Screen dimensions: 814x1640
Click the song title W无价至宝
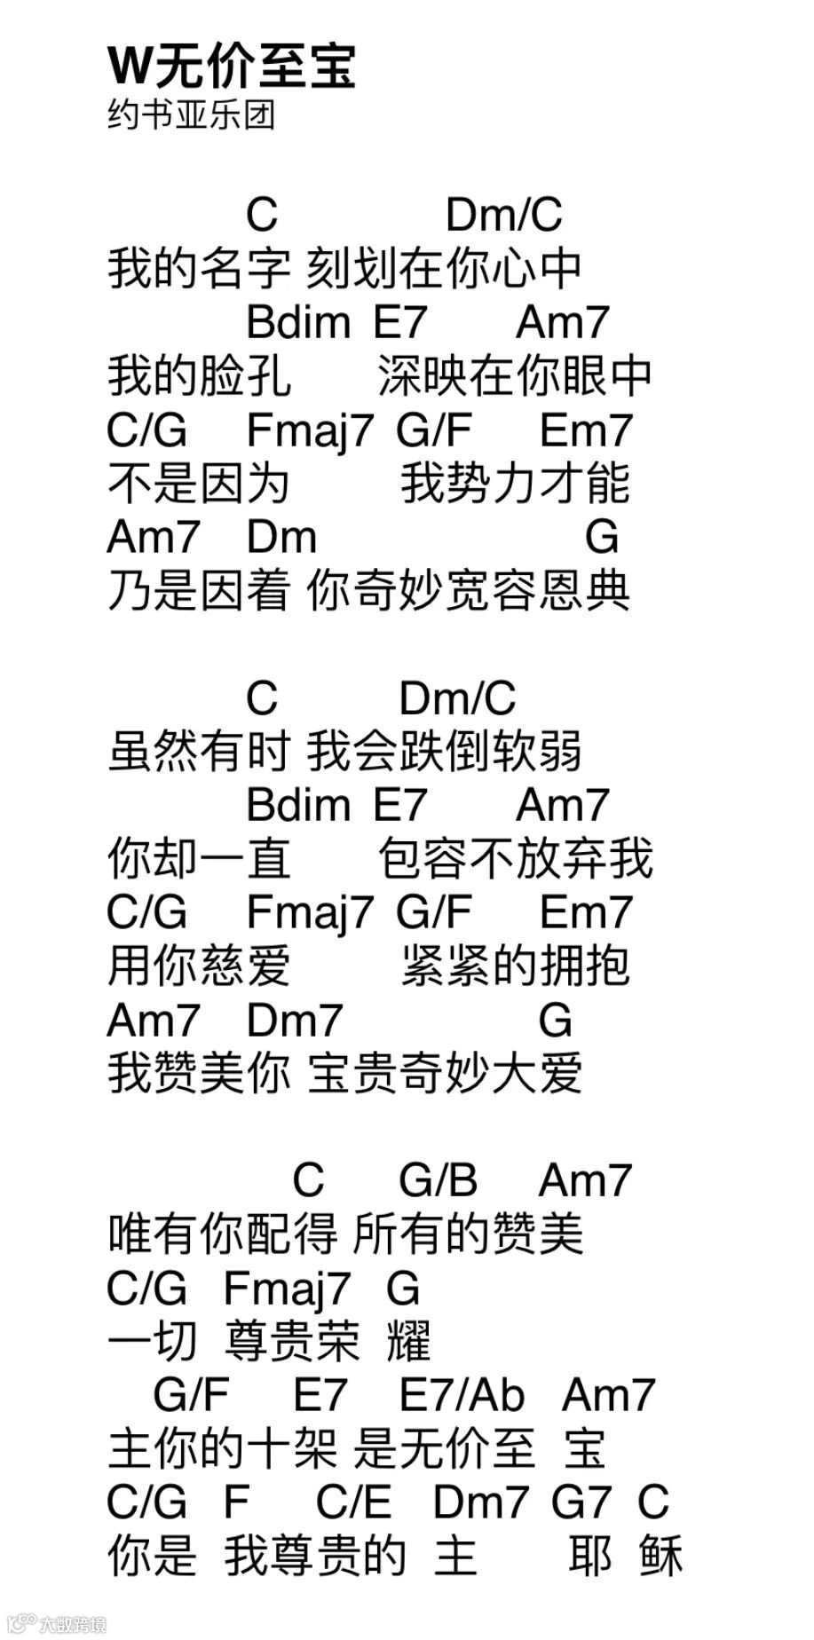point(231,66)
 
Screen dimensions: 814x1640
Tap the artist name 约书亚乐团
point(191,115)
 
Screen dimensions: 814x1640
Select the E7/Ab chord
point(462,1394)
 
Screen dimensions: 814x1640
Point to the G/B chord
point(438,1180)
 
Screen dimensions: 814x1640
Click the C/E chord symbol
point(353,1502)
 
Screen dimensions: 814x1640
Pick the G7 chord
point(581,1502)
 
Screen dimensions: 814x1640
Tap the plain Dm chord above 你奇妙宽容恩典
point(281,537)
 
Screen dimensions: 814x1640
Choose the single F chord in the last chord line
point(236,1502)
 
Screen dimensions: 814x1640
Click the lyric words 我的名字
point(199,268)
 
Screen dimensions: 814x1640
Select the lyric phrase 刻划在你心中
point(444,268)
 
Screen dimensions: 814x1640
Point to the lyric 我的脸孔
point(199,375)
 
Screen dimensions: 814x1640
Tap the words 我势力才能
point(515,483)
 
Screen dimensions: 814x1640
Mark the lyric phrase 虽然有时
point(199,752)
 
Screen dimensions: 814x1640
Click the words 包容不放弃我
point(515,858)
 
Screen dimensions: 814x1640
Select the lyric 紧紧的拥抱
point(515,966)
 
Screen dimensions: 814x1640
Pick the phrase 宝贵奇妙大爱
point(444,1073)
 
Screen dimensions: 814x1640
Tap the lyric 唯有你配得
point(222,1234)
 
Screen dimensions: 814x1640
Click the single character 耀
point(409,1341)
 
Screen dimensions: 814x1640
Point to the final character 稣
point(660,1556)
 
